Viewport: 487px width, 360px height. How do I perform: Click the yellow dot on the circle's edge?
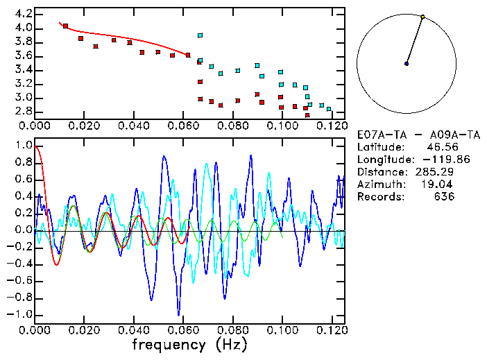[422, 17]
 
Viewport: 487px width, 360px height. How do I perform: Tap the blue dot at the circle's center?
[407, 64]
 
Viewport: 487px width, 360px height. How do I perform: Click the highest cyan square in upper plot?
[200, 35]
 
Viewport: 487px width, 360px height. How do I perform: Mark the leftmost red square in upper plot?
[65, 26]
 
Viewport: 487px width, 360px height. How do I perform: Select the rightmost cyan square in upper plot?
[329, 109]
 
